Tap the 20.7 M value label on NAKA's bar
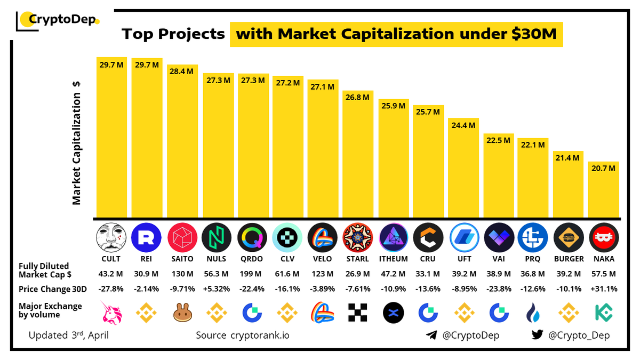tap(604, 168)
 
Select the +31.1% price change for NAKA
tap(604, 289)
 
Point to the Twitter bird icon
tap(537, 335)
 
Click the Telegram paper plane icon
tap(431, 335)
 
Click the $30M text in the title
tap(533, 34)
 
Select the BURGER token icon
tap(569, 238)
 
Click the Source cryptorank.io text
tap(243, 335)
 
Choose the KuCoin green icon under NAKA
tap(604, 312)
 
